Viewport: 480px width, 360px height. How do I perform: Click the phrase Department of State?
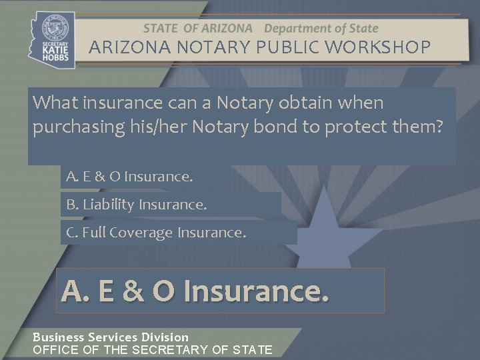point(321,29)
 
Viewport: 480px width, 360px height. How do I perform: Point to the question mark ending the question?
point(437,127)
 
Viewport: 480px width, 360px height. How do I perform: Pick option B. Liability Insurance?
point(137,205)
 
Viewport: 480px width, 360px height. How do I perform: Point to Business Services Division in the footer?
point(111,337)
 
